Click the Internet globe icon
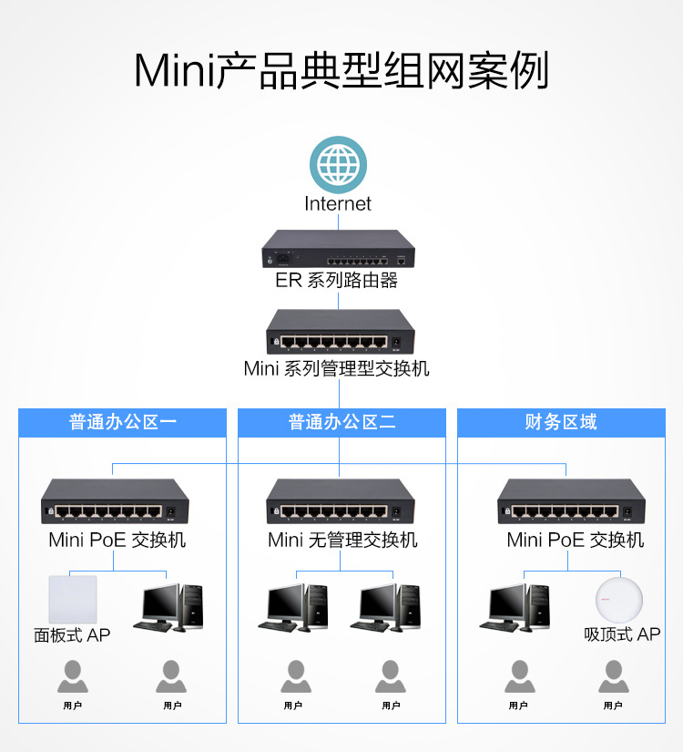[x=339, y=165]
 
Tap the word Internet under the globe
[x=338, y=204]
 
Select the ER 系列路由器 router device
[x=339, y=249]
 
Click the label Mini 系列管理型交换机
[x=336, y=369]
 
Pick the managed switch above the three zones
[x=341, y=332]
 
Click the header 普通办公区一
[x=123, y=422]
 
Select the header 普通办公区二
[x=341, y=422]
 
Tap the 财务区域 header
[x=561, y=422]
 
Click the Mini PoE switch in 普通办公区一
[x=115, y=501]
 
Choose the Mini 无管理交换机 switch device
[x=341, y=501]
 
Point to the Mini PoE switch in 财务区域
[x=571, y=501]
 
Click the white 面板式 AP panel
[x=73, y=600]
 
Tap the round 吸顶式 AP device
[x=619, y=601]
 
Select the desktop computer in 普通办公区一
[x=168, y=608]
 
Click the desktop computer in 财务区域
[x=515, y=608]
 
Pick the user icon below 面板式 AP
[x=73, y=676]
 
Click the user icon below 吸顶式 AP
[x=614, y=676]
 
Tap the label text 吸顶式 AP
[x=622, y=634]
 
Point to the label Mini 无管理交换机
[x=342, y=540]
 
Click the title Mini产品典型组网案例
[x=341, y=70]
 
